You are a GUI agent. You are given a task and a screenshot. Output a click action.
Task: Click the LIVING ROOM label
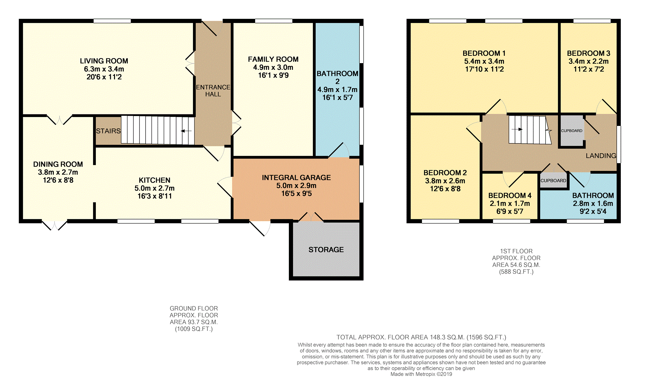104,61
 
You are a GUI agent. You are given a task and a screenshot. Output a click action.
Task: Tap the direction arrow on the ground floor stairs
186,131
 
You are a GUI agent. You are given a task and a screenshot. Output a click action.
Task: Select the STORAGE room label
326,250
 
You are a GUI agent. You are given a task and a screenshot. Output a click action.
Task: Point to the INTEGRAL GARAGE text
296,178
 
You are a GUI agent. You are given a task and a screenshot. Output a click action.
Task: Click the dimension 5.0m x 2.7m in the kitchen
154,188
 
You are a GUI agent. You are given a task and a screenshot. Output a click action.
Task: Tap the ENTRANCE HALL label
213,91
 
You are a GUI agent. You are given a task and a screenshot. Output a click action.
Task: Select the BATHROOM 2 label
337,77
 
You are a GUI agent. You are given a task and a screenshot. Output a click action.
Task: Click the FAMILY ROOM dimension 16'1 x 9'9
273,75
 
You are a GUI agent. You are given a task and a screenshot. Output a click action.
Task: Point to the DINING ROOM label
58,164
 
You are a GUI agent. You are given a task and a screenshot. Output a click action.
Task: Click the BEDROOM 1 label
484,53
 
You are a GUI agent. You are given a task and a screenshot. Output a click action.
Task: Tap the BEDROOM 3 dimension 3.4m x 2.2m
588,61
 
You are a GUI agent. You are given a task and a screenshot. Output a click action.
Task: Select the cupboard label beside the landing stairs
571,131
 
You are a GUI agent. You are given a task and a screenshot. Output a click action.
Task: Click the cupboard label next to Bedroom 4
553,180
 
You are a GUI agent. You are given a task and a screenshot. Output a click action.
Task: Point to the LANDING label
601,156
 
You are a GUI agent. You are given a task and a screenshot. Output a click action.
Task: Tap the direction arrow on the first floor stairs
517,129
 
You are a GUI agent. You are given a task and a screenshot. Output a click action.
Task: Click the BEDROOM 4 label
510,195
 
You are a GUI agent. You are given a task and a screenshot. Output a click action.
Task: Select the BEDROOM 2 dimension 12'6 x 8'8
445,189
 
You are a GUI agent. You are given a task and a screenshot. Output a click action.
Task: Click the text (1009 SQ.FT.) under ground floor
194,329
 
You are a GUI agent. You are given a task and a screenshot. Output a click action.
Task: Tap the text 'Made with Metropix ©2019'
421,374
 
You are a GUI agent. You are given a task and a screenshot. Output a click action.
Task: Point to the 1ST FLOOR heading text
516,251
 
